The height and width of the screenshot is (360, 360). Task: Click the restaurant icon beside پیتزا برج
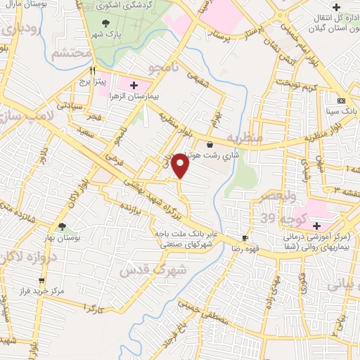coord(91,70)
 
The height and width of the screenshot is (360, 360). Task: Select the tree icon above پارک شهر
coord(104,21)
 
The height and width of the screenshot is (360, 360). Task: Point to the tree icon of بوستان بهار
coord(63,227)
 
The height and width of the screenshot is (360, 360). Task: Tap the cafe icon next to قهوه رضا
coord(245,238)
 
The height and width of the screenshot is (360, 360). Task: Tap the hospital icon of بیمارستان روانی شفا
coord(317,226)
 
